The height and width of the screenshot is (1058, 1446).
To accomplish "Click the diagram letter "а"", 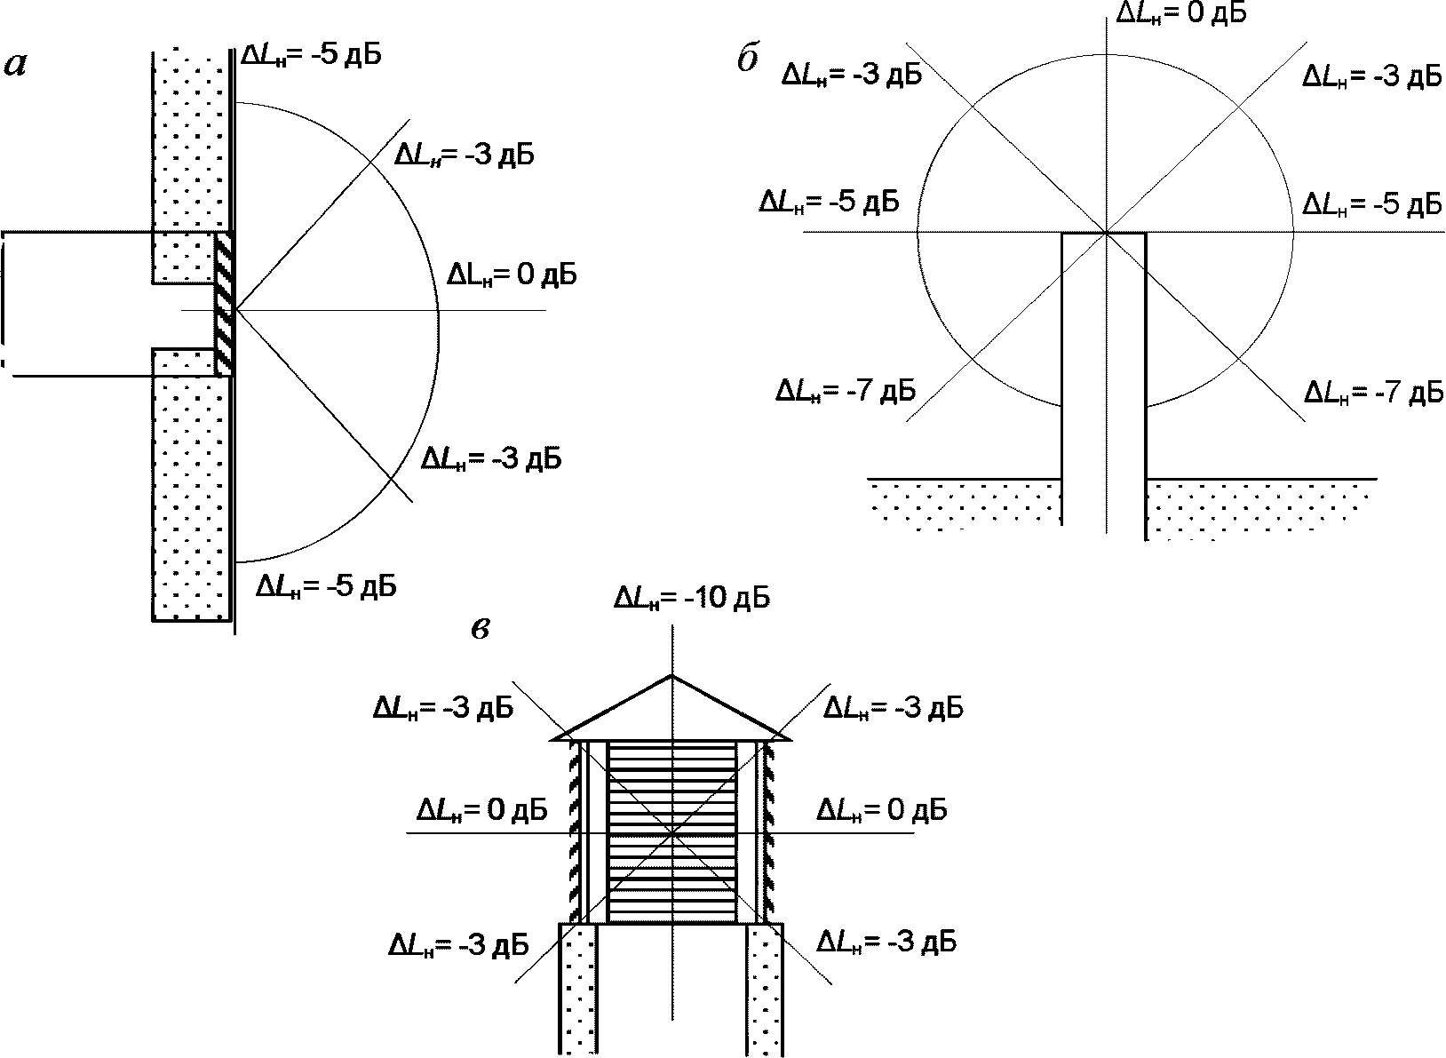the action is pyautogui.click(x=16, y=65).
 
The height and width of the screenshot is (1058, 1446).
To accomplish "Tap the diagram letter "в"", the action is pyautogui.click(x=481, y=629).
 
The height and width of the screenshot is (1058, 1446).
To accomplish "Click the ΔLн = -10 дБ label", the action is pyautogui.click(x=692, y=599).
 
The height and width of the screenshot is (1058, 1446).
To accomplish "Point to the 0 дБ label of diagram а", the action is pyautogui.click(x=512, y=275).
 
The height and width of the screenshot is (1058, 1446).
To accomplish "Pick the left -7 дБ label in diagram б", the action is pyautogui.click(x=846, y=391).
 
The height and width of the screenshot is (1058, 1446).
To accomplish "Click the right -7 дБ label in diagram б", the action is pyautogui.click(x=1374, y=392).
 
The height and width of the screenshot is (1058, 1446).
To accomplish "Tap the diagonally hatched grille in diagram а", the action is pyautogui.click(x=223, y=304).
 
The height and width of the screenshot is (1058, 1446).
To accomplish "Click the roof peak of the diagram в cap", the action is pyautogui.click(x=671, y=675).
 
